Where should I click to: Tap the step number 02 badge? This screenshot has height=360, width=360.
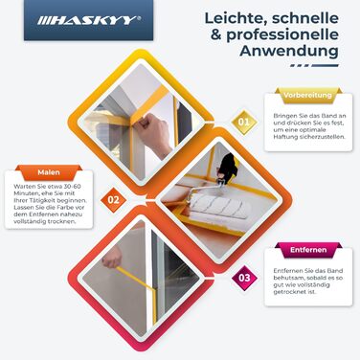(114, 200)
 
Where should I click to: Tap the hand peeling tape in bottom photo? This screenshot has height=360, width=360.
(120, 260)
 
